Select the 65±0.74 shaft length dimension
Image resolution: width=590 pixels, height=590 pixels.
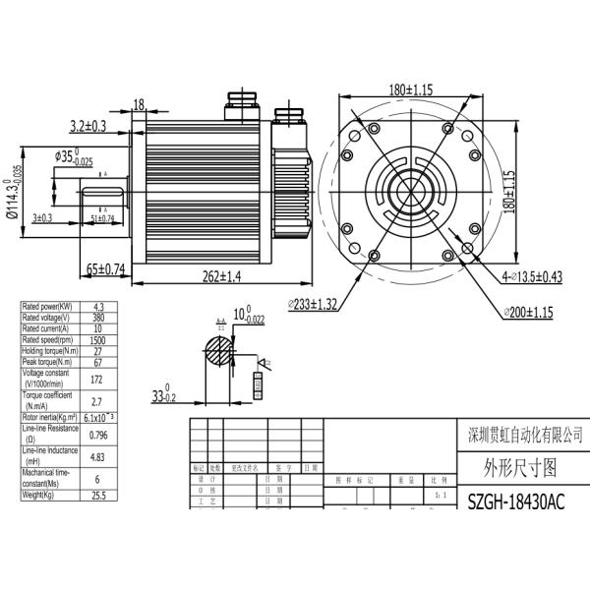click(x=100, y=267)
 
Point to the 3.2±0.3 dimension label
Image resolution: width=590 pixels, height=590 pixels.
click(x=93, y=126)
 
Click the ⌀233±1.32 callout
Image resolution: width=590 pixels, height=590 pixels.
click(x=313, y=305)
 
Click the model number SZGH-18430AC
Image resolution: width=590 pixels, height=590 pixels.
click(x=515, y=503)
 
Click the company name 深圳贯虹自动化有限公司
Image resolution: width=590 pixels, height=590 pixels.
click(x=521, y=434)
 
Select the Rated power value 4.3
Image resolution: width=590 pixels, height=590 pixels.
click(x=97, y=307)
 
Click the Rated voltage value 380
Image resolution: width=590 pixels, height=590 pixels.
click(x=97, y=318)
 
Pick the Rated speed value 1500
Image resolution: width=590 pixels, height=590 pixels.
click(x=97, y=340)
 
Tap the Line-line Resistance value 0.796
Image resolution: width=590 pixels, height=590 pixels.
click(x=97, y=434)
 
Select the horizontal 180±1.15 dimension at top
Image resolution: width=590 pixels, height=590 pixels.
click(x=411, y=89)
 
